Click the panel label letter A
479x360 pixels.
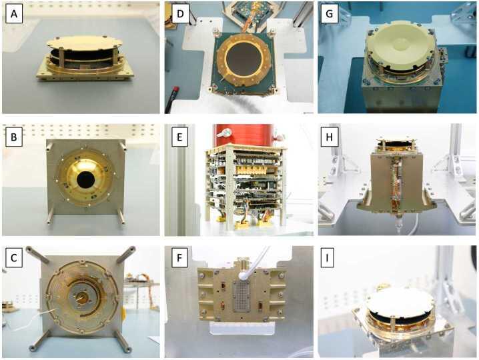(14, 14)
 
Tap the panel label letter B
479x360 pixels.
(14, 137)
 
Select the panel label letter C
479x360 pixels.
(14, 258)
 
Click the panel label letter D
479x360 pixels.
(180, 14)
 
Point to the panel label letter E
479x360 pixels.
(179, 137)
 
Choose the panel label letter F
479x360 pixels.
(179, 258)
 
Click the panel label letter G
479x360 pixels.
(330, 14)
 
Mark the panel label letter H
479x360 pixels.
(329, 137)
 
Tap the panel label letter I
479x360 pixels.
(327, 258)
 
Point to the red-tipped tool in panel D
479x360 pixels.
(172, 97)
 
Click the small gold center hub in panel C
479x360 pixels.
(83, 297)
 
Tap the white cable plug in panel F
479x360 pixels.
(244, 276)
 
